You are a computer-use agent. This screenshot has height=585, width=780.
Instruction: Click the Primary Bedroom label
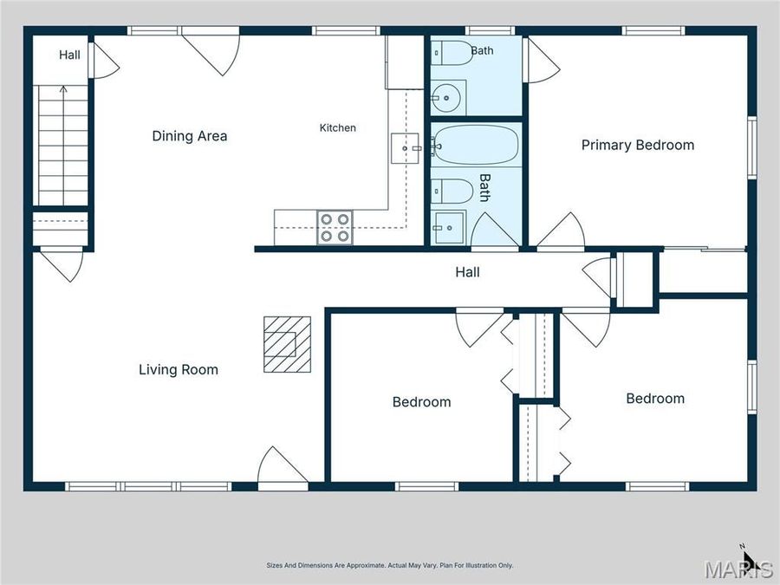click(x=638, y=146)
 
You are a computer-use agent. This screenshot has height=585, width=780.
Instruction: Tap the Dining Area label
click(x=190, y=136)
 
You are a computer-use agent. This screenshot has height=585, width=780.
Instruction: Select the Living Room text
click(x=178, y=369)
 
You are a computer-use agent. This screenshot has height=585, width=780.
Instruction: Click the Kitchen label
click(x=338, y=128)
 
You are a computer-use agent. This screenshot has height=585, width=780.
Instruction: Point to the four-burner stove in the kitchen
click(x=335, y=227)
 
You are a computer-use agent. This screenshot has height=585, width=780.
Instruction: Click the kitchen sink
click(x=406, y=148)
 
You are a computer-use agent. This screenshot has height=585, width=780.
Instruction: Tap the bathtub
click(x=476, y=145)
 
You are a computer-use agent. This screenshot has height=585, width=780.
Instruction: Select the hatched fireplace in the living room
click(x=287, y=344)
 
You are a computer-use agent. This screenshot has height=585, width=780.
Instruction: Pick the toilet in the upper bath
click(x=452, y=53)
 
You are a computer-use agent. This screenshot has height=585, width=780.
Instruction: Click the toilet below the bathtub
click(x=452, y=191)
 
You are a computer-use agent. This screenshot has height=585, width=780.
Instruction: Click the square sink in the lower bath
click(x=449, y=228)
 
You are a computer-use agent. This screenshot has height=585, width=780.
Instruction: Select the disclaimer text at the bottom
click(x=389, y=565)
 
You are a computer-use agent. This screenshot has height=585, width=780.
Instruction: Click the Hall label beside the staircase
click(x=69, y=55)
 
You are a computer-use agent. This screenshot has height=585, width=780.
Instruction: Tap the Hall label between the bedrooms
click(x=468, y=272)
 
